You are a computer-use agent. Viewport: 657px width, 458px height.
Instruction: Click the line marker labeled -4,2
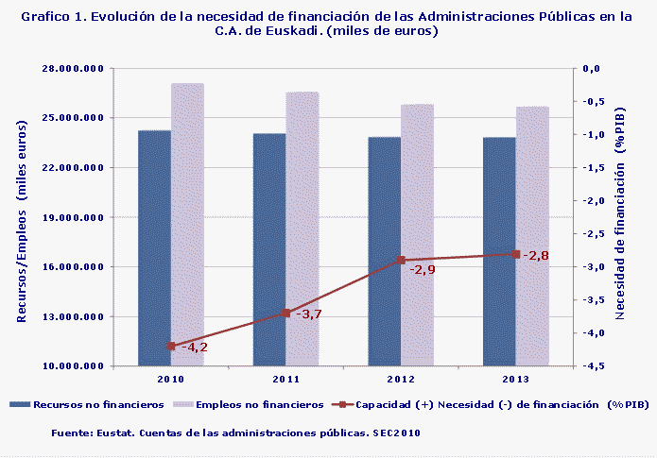(x=171, y=347)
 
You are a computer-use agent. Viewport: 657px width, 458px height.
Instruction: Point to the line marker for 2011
(x=285, y=313)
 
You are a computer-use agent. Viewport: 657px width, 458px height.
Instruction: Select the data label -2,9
(x=423, y=270)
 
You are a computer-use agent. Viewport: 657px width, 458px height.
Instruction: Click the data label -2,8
(x=535, y=255)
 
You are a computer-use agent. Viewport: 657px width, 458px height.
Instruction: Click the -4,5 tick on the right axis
(x=593, y=366)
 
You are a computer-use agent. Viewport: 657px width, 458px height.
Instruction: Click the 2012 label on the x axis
(x=401, y=379)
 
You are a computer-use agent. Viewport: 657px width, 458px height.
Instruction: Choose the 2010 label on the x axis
(x=171, y=379)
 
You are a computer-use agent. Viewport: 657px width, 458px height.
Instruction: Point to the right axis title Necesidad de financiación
(x=620, y=218)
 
